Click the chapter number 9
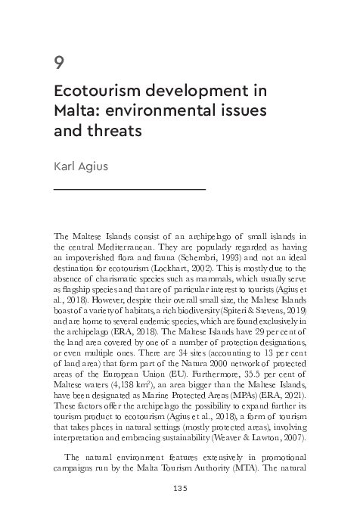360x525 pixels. [59, 63]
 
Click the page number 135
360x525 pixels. [180, 489]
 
